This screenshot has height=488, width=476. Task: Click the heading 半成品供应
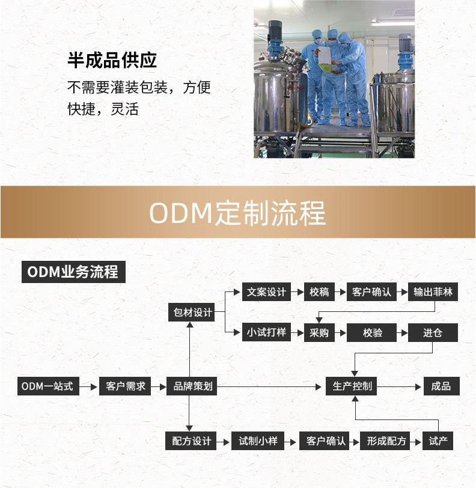coord(112,61)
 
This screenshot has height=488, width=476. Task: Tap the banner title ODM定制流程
coord(237,213)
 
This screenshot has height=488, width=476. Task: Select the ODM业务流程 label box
coord(73,272)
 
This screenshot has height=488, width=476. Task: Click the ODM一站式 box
coord(47,386)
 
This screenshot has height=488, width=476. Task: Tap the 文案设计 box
coord(266,293)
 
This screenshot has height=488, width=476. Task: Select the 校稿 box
coord(319,293)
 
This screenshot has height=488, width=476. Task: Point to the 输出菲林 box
coord(433,293)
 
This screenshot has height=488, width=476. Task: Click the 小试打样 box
coord(266,332)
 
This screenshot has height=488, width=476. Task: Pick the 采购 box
coord(319,332)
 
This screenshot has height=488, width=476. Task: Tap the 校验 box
coord(372,332)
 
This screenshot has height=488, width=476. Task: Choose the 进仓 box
coord(433,332)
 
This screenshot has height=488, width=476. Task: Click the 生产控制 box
coord(352,386)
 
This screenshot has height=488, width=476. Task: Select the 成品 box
coord(441,386)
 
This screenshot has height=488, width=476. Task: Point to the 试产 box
coord(438,441)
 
